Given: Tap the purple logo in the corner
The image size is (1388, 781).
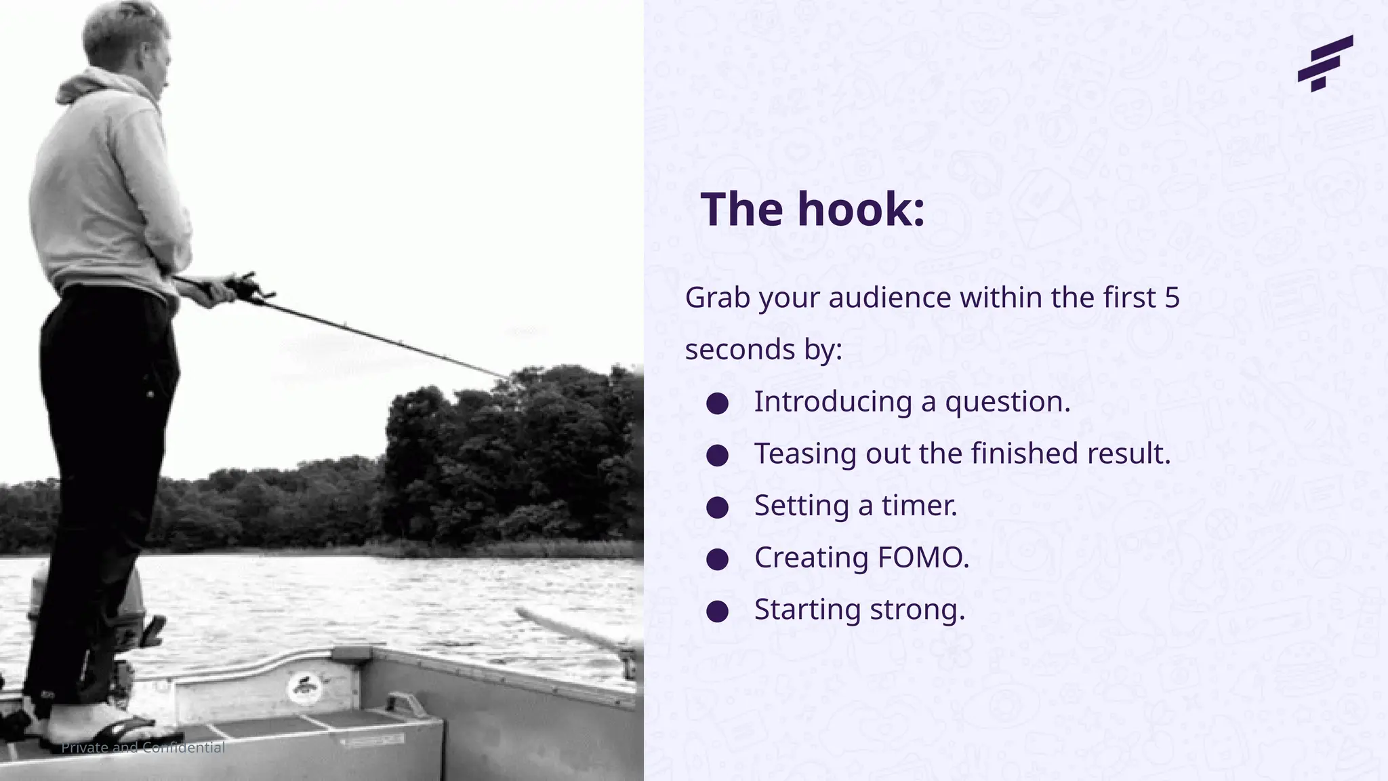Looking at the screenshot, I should click(1324, 63).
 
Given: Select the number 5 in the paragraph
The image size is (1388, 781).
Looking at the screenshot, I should click(1172, 298).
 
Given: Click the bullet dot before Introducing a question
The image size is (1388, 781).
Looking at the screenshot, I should click(717, 404).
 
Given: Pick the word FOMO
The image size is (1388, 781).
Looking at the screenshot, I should click(922, 557).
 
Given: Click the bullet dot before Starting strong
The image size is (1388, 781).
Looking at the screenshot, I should click(717, 612).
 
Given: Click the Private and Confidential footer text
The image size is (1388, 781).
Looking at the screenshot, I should click(143, 748).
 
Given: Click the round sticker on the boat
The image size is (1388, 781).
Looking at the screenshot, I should click(304, 688).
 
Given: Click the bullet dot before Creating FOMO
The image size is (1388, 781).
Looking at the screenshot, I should click(717, 559).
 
